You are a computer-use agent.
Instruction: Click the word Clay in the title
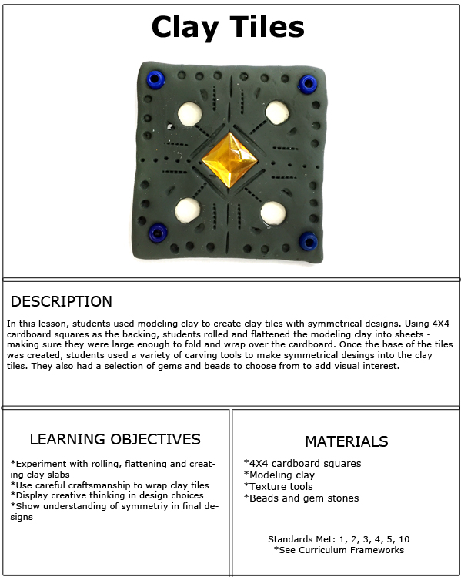click(185, 28)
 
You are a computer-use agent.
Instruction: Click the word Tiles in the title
click(267, 26)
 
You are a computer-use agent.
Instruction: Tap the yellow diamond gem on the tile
click(229, 160)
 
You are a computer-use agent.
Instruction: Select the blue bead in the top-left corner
click(155, 79)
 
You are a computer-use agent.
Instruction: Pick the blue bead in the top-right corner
click(308, 84)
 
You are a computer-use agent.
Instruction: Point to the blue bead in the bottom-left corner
click(158, 233)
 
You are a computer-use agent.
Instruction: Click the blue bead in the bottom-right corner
click(308, 241)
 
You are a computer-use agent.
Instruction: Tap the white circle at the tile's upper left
click(189, 114)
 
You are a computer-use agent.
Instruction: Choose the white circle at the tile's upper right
click(277, 112)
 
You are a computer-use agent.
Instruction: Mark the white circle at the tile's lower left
click(188, 210)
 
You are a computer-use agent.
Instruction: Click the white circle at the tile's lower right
click(273, 213)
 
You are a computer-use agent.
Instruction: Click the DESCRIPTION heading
click(62, 301)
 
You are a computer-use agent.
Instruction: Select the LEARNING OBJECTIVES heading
click(115, 439)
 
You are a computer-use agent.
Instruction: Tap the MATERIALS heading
click(346, 441)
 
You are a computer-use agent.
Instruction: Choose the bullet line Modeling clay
click(279, 475)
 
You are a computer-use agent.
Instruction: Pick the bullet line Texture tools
click(279, 486)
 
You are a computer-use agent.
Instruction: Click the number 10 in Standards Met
click(403, 539)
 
